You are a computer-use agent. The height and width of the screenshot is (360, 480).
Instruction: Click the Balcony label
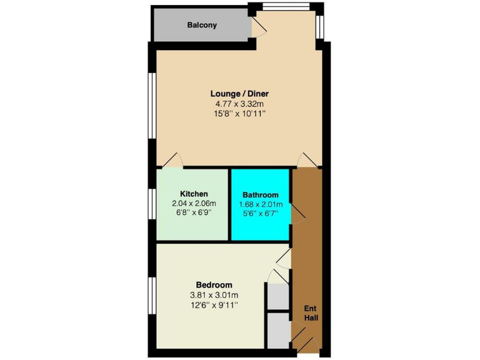[x=202, y=26]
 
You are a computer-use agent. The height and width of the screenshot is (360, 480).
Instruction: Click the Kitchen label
[x=194, y=194]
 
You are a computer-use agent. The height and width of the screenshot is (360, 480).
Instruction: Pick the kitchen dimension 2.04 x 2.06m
[x=194, y=204]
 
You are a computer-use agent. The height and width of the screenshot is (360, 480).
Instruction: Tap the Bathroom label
[x=261, y=195]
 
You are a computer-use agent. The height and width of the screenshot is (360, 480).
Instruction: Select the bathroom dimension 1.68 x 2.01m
[x=261, y=204]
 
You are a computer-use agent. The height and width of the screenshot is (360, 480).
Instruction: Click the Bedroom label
[x=214, y=284]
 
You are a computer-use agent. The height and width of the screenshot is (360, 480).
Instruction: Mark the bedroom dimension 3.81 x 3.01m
[x=214, y=295]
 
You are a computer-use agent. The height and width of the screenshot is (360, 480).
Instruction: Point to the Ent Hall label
[x=311, y=313]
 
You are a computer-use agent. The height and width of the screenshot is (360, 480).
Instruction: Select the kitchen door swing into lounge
[x=171, y=161]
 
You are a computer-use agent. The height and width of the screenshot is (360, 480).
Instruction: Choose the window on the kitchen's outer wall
[x=152, y=204]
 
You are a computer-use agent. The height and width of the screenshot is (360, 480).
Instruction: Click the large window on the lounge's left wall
[x=151, y=104]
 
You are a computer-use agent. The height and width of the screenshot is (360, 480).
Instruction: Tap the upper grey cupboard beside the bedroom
[x=278, y=297]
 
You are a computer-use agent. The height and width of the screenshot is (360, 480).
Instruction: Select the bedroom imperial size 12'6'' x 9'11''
[x=214, y=305]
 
